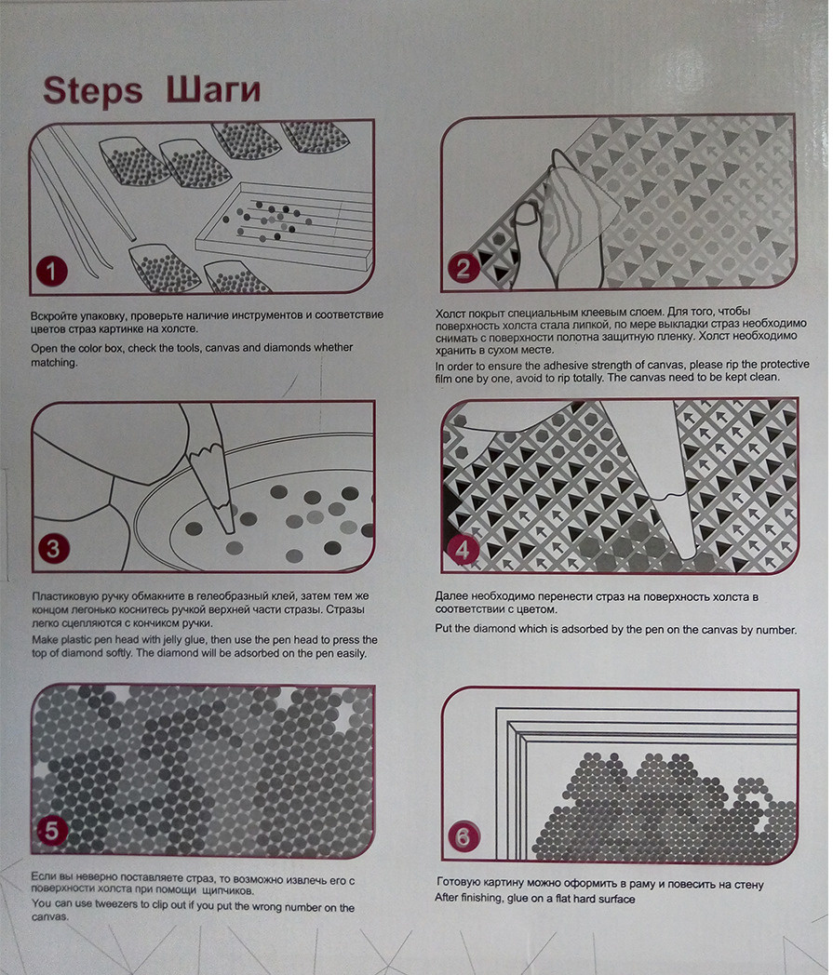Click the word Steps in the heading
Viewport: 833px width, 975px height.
(x=93, y=91)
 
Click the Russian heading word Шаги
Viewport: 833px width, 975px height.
(x=213, y=89)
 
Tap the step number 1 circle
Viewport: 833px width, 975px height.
(x=51, y=271)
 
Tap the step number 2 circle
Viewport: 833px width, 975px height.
(x=464, y=268)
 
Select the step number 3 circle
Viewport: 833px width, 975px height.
(x=53, y=549)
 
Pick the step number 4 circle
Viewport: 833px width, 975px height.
(x=463, y=550)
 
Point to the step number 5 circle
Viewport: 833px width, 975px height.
(x=51, y=831)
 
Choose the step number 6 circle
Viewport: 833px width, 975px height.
(x=464, y=837)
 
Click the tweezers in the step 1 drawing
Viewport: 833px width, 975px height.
(x=81, y=199)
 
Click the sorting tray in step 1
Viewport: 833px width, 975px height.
(x=284, y=225)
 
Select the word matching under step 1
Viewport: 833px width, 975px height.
(x=54, y=363)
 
